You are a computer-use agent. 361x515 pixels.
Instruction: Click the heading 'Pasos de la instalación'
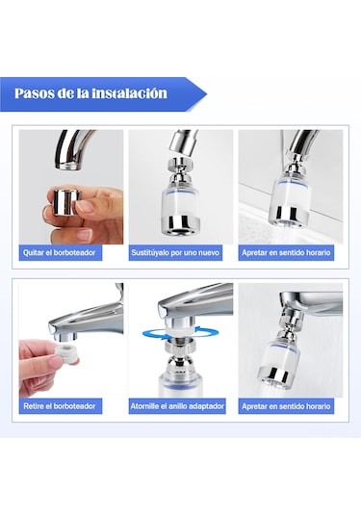pyautogui.click(x=90, y=93)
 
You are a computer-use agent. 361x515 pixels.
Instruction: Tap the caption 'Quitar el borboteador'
pyautogui.click(x=59, y=252)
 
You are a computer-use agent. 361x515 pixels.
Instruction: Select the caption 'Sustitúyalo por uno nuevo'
pyautogui.click(x=175, y=252)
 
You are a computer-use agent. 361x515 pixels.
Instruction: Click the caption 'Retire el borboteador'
pyautogui.click(x=60, y=406)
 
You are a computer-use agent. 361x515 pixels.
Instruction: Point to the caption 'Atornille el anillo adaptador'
pyautogui.click(x=177, y=406)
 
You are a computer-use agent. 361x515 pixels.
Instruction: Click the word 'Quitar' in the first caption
pyautogui.click(x=33, y=252)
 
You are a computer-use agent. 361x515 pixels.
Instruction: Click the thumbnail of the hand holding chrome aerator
pyautogui.click(x=71, y=187)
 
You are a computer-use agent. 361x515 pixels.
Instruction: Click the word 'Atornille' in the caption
pyautogui.click(x=144, y=406)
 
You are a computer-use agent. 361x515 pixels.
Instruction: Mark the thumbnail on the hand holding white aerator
pyautogui.click(x=71, y=340)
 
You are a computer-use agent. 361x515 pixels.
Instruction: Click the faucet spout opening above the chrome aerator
pyautogui.click(x=68, y=167)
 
